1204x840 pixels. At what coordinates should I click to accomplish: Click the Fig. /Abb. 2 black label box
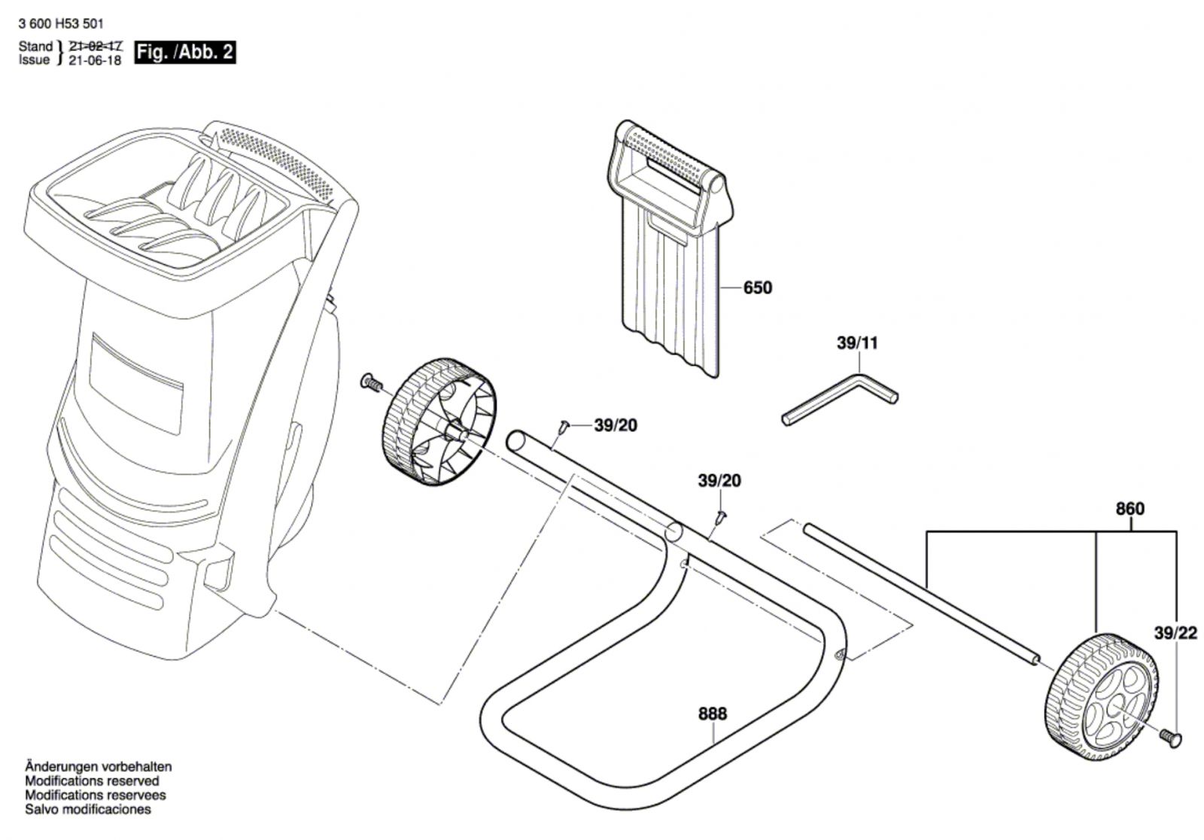click(x=185, y=52)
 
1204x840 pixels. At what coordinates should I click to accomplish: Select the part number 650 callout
click(x=757, y=288)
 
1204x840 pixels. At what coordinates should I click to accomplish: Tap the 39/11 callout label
click(x=857, y=343)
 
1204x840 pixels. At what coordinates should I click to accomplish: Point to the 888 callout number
click(x=712, y=714)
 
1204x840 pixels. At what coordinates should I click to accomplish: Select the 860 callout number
click(x=1130, y=509)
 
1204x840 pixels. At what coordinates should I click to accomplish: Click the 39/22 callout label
click(x=1175, y=634)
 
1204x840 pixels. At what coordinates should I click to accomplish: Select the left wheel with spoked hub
click(x=439, y=422)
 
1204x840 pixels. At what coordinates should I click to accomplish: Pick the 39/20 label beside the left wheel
click(x=616, y=425)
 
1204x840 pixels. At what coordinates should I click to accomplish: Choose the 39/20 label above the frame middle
click(x=719, y=480)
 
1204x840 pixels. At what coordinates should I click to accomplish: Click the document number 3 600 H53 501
click(x=61, y=23)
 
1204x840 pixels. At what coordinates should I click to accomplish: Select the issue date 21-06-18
click(x=95, y=59)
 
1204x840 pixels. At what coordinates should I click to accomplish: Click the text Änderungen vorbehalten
click(x=99, y=766)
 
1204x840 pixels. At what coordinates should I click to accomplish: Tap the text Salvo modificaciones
click(x=88, y=809)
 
